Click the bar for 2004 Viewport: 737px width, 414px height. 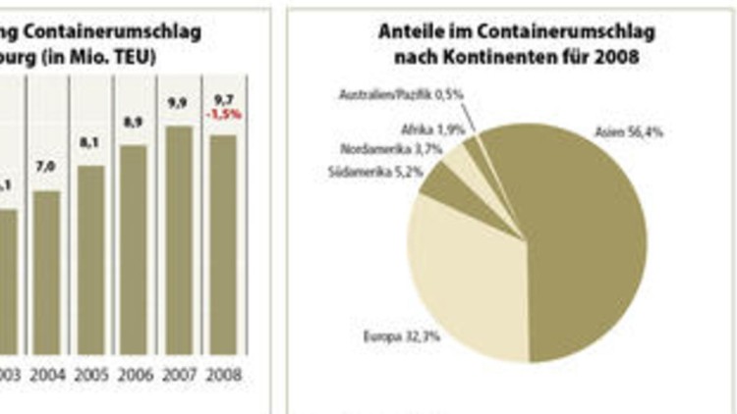point(46,273)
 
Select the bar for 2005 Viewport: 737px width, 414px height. point(90,260)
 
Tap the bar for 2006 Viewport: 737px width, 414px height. point(135,249)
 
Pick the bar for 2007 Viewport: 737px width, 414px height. point(179,239)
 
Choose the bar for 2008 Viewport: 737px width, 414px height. point(223,244)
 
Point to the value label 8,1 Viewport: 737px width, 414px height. point(90,143)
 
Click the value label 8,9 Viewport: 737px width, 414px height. point(135,122)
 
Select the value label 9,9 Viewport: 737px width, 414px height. point(179,101)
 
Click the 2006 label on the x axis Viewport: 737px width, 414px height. point(135,375)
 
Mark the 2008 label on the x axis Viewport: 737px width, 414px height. point(223,375)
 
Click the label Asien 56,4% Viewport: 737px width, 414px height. point(628,131)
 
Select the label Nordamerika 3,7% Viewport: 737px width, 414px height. point(384,150)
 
